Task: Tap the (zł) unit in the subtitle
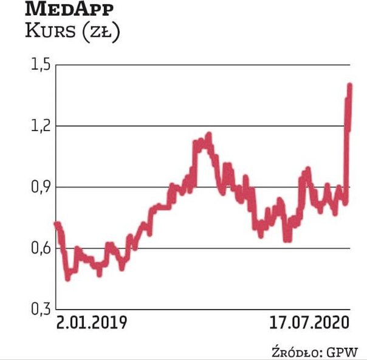point(99,32)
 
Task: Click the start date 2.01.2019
point(92,322)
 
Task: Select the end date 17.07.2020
point(310,322)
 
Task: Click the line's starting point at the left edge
point(57,224)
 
